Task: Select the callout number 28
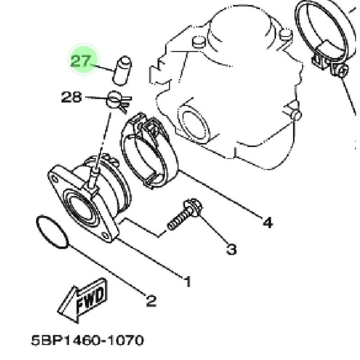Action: point(72,97)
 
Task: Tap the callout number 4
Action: point(267,222)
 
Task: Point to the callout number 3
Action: point(231,249)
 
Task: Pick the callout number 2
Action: point(151,300)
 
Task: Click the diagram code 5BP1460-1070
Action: point(87,340)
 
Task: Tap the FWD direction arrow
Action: point(83,300)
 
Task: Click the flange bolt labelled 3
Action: point(185,214)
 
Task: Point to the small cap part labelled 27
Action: point(121,71)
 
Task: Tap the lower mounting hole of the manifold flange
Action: point(105,235)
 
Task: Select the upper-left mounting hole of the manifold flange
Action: point(54,179)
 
